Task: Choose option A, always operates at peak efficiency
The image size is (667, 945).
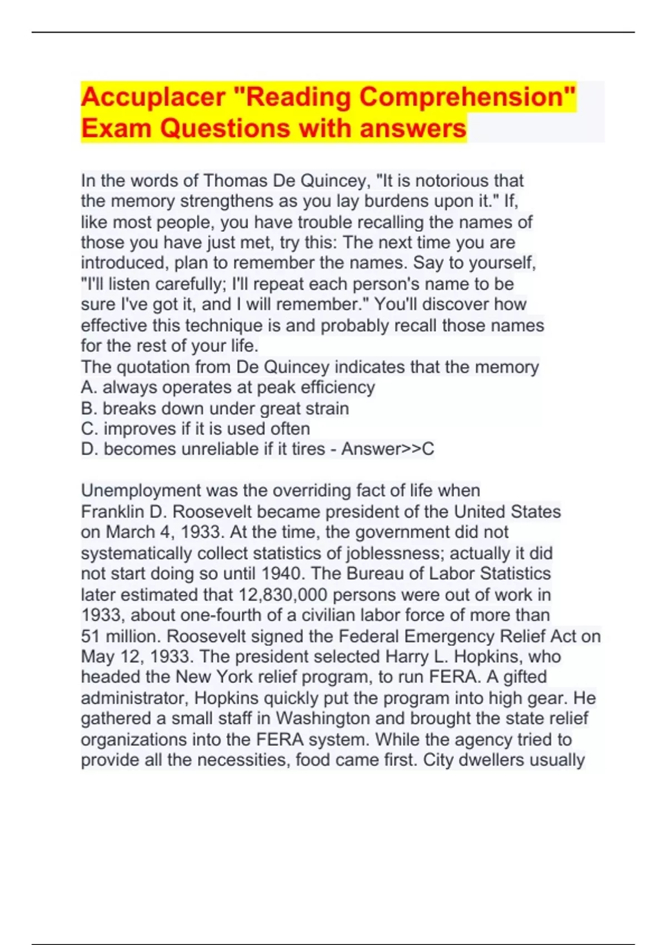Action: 228,387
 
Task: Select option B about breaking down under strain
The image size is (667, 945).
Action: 215,409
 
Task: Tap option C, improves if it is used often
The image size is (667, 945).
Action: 196,429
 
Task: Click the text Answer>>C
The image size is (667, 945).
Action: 387,449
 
